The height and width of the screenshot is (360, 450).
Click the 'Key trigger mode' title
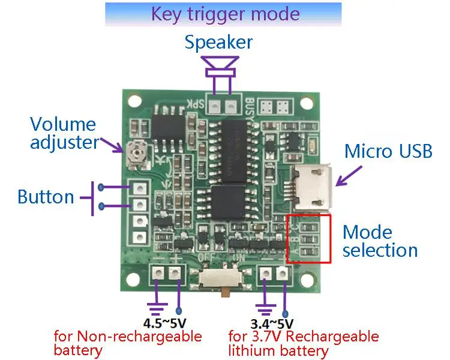225,13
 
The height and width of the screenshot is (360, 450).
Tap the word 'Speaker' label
218,43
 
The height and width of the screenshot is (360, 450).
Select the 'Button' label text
46,197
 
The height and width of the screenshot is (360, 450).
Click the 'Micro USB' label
388,151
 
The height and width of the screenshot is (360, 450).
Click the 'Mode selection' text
380,241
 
